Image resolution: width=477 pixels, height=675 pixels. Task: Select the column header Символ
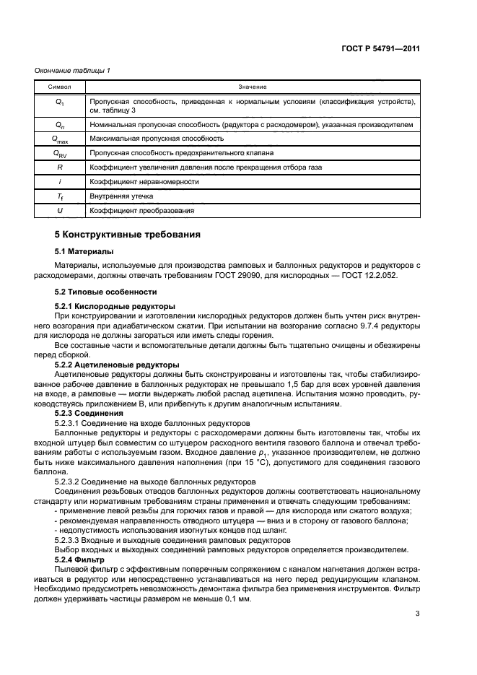coord(60,87)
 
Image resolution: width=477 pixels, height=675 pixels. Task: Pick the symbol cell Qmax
coord(60,138)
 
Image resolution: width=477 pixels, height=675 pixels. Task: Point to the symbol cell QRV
coord(60,153)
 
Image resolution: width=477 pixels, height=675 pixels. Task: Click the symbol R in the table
coord(60,167)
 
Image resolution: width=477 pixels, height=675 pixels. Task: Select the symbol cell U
coord(60,211)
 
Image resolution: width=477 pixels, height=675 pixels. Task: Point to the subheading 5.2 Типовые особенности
coord(106,292)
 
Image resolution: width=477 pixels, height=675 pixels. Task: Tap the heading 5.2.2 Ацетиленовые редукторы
coord(117,365)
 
